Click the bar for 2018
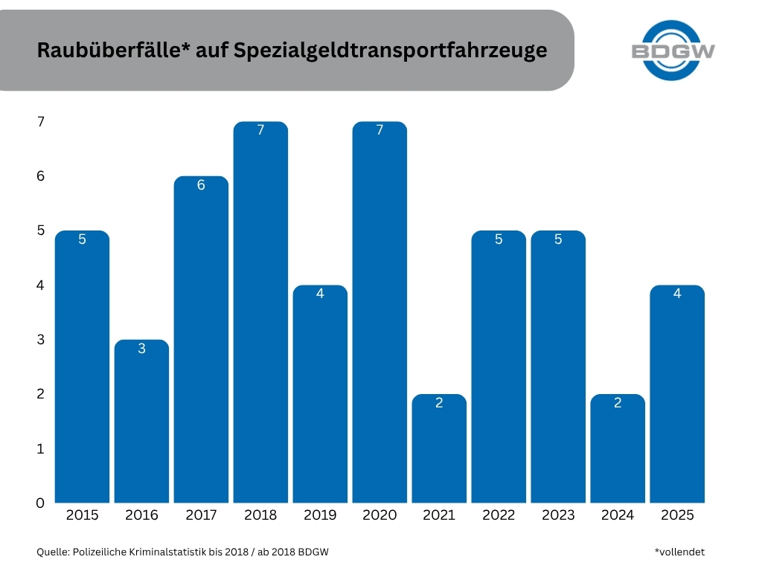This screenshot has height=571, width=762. coord(260,312)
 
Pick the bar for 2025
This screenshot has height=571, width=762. coord(677,394)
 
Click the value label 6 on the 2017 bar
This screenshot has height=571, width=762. coord(201,185)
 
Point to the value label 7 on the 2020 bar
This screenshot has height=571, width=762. coord(380,131)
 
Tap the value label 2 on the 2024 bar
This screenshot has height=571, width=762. coord(618,403)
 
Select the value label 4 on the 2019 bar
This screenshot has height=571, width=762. coord(320,294)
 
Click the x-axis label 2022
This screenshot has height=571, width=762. coord(499,515)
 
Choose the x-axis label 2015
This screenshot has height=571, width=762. coord(82,515)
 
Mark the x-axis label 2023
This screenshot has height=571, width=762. coord(558,515)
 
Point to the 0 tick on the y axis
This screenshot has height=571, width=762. coord(40,503)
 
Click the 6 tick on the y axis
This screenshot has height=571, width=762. coord(40,176)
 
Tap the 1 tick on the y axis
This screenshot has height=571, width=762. coord(40,449)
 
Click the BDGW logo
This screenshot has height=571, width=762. coord(673,51)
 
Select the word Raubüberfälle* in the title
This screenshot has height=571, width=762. coord(110,51)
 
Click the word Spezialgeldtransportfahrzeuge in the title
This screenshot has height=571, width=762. coord(390,51)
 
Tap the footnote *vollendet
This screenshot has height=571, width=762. coord(679,552)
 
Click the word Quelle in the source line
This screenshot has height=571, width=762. coord(51,552)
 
